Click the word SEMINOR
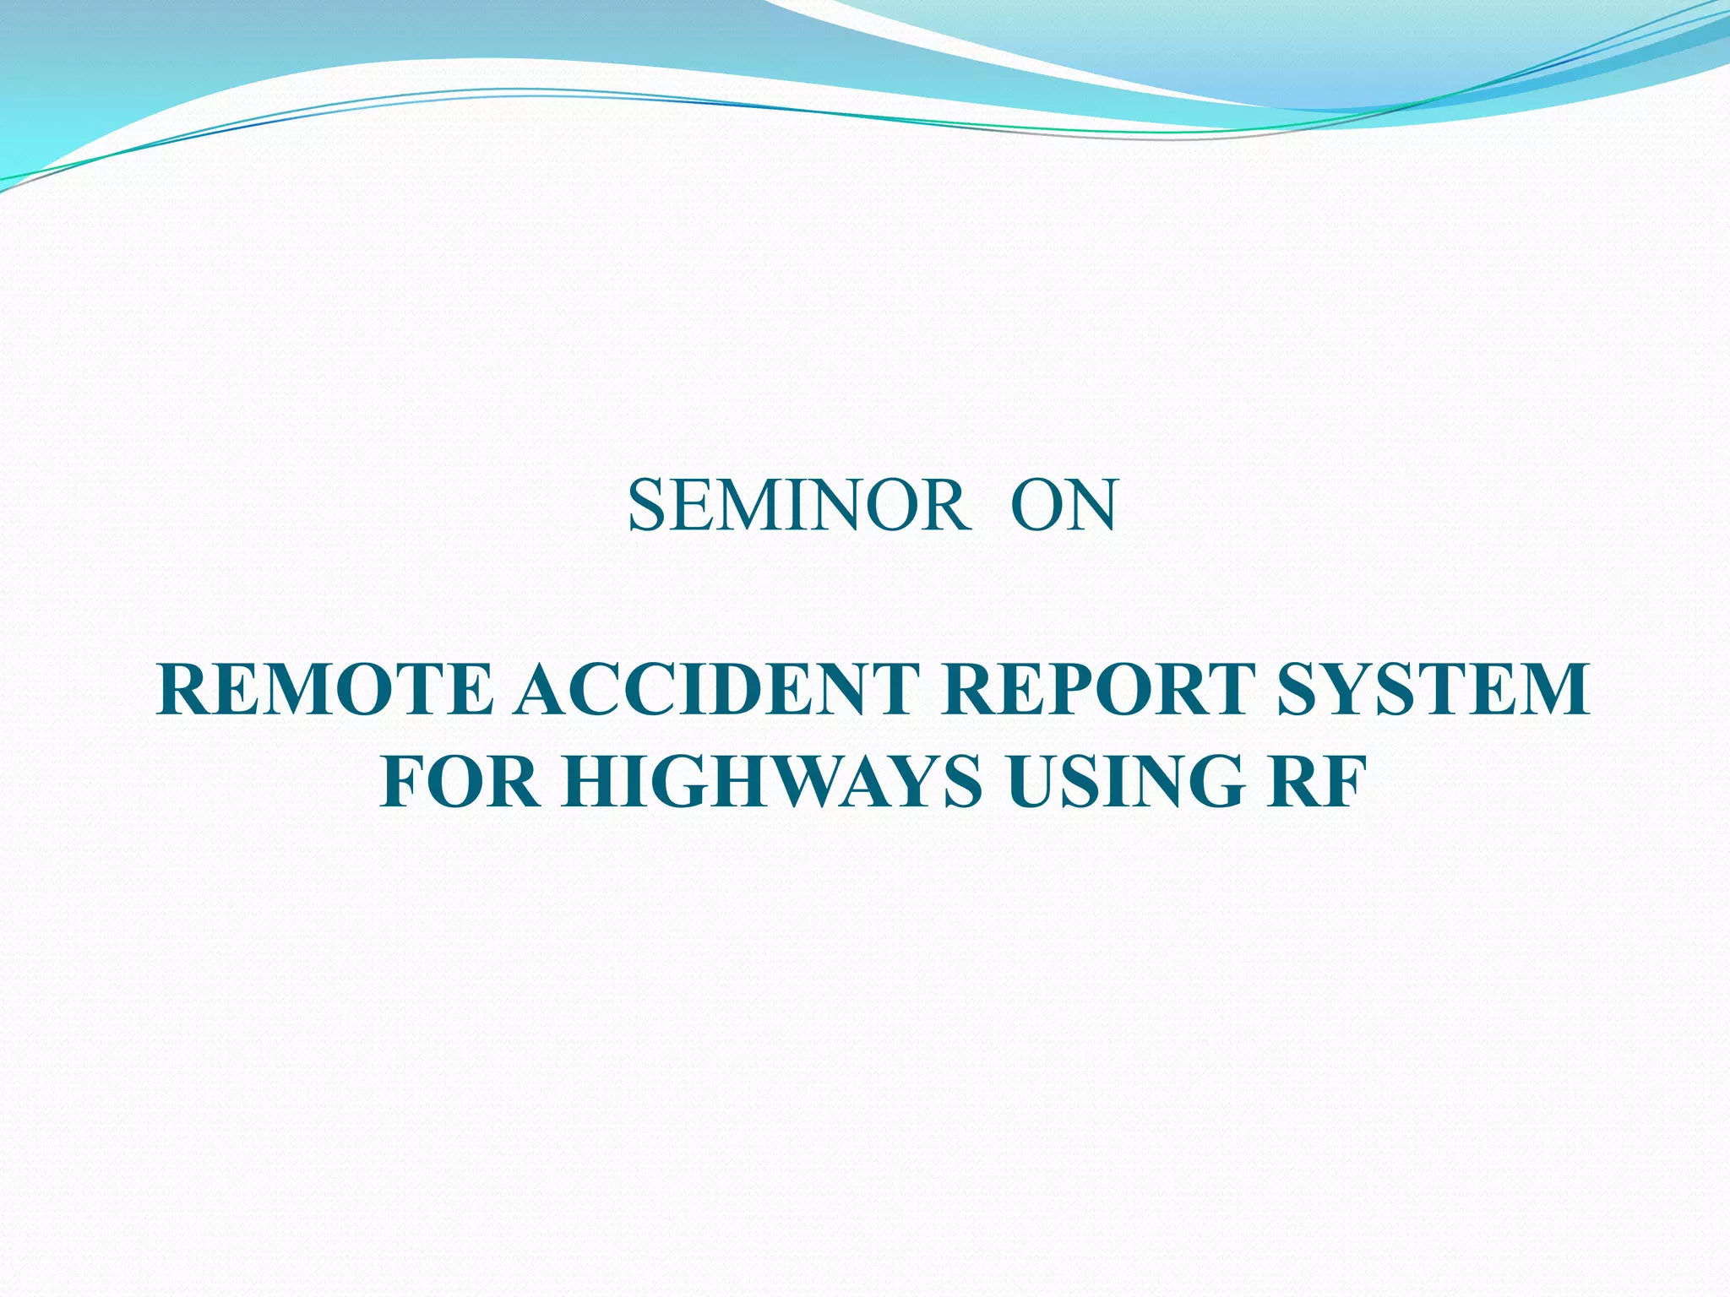pyautogui.click(x=798, y=506)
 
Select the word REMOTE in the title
pyautogui.click(x=324, y=689)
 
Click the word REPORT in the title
pyautogui.click(x=1097, y=689)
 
